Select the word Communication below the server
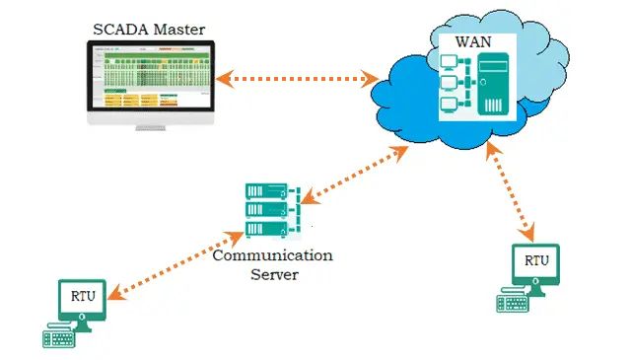click(273, 255)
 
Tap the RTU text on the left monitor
click(83, 297)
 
